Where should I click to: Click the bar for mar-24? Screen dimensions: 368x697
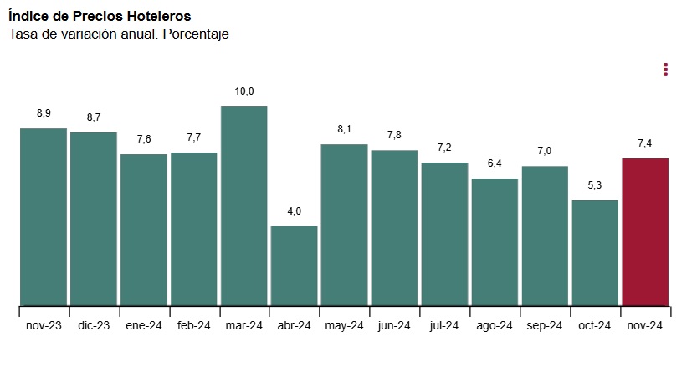pyautogui.click(x=243, y=205)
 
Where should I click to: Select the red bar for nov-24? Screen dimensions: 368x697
pyautogui.click(x=645, y=231)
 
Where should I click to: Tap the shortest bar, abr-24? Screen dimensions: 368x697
pyautogui.click(x=294, y=266)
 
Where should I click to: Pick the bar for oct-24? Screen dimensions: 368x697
pyautogui.click(x=595, y=252)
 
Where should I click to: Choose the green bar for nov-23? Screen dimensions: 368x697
pyautogui.click(x=43, y=216)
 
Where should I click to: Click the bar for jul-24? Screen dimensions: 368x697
pyautogui.click(x=444, y=234)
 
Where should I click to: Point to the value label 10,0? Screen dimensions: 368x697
pyautogui.click(x=243, y=91)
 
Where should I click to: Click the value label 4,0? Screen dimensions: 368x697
pyautogui.click(x=294, y=211)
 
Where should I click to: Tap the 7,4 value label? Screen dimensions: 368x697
pyautogui.click(x=645, y=143)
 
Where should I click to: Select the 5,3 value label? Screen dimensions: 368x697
pyautogui.click(x=595, y=185)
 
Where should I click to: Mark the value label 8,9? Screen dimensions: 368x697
pyautogui.click(x=44, y=113)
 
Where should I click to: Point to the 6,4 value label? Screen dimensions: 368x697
pyautogui.click(x=495, y=163)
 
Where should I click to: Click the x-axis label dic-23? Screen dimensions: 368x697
pyautogui.click(x=93, y=326)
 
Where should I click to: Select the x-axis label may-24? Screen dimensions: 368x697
pyautogui.click(x=344, y=326)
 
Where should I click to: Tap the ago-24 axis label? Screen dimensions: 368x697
pyautogui.click(x=495, y=326)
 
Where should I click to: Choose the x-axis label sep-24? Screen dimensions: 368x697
pyautogui.click(x=545, y=326)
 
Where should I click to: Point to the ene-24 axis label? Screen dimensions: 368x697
pyautogui.click(x=143, y=326)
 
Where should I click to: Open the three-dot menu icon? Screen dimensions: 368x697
pyautogui.click(x=665, y=70)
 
